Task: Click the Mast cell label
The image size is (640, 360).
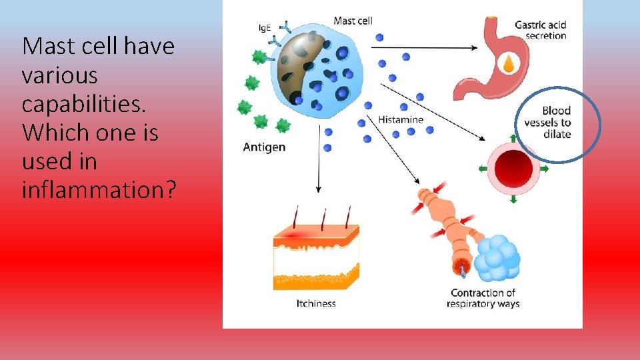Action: coord(352,21)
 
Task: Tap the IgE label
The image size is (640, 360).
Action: coord(265,28)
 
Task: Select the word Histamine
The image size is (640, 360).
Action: coord(400,119)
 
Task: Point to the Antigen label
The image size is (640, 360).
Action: coord(264,147)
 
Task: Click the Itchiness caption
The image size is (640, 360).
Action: coord(316,303)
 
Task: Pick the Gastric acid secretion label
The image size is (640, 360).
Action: coord(540,31)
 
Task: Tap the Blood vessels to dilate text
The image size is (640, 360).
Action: coord(547,123)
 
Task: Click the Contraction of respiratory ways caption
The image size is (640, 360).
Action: coord(483,298)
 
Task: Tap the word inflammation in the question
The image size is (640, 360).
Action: coord(99,190)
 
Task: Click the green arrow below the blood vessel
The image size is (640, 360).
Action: coord(513,199)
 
